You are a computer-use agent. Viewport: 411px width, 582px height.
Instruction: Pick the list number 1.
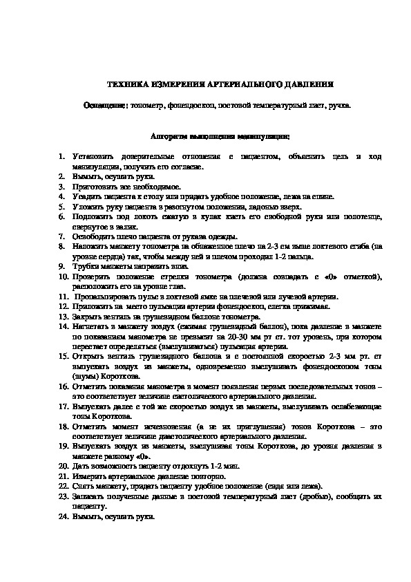tap(61, 158)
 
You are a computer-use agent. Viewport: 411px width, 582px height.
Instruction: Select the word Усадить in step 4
tap(86, 196)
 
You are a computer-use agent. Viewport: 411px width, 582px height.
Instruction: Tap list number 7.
tap(61, 236)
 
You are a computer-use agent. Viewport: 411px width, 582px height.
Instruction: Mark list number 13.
tap(61, 315)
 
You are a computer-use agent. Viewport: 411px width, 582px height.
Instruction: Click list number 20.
tap(61, 467)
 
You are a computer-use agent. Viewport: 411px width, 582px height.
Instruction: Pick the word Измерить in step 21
tap(88, 476)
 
